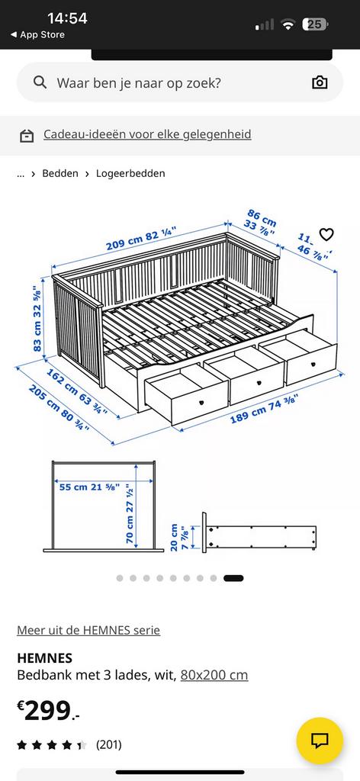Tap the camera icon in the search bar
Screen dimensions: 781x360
[x=320, y=82]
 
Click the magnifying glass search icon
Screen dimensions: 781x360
[x=40, y=82]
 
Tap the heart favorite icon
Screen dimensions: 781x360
[x=326, y=234]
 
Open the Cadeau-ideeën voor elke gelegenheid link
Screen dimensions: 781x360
[x=146, y=134]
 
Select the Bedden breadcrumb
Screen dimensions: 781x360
[x=60, y=173]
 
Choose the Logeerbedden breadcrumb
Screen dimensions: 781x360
[x=130, y=173]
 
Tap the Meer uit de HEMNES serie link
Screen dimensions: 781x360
[x=88, y=630]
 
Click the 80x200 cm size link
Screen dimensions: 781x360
[x=214, y=675]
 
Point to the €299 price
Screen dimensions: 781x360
[x=47, y=711]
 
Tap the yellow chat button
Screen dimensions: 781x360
[x=320, y=741]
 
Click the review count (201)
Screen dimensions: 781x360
[x=108, y=744]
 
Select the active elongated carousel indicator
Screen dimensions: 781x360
[x=233, y=578]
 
